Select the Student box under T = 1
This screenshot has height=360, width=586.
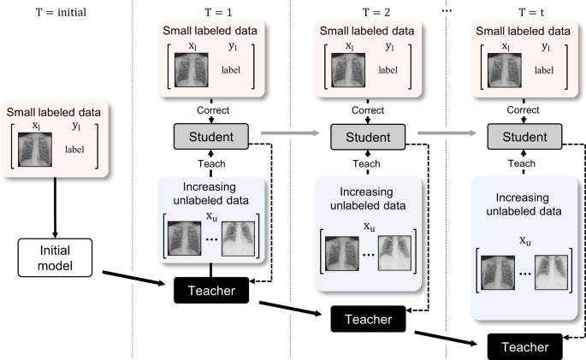(x=210, y=134)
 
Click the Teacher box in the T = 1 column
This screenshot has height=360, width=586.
(x=210, y=290)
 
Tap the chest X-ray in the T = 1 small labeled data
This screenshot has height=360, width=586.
(x=191, y=68)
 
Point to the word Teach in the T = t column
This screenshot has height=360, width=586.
(x=524, y=162)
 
